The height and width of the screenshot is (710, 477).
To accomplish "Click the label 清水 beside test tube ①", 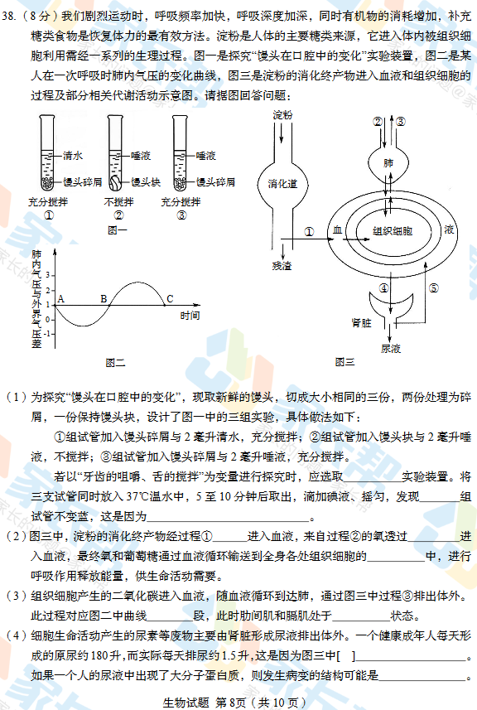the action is click(73, 156).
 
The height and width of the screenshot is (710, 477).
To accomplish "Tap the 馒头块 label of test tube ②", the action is click(146, 182).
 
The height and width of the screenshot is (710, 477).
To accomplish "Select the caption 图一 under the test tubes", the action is click(118, 230).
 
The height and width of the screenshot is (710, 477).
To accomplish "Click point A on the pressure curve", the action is click(61, 299).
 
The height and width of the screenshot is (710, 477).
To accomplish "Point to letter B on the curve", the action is click(104, 299).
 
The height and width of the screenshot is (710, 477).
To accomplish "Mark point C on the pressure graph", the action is click(170, 299).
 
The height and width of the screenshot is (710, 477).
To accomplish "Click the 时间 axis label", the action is click(190, 315).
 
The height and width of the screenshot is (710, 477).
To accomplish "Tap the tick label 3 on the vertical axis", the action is click(47, 275).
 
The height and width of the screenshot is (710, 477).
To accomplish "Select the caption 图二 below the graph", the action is click(115, 363).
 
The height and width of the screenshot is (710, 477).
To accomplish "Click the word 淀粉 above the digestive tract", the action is click(282, 115).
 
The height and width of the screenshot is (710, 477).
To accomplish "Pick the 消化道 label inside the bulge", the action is click(282, 184).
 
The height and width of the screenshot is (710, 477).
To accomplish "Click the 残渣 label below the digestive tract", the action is click(282, 266).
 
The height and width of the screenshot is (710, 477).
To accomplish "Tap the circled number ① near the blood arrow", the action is click(309, 232).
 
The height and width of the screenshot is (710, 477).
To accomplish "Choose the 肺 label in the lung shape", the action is click(388, 163).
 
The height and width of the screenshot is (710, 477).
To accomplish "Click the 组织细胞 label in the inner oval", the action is click(393, 231).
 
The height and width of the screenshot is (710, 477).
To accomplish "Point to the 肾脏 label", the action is click(362, 323).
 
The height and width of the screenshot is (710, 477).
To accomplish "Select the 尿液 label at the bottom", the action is click(391, 348).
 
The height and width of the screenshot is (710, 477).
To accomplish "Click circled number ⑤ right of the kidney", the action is click(434, 288).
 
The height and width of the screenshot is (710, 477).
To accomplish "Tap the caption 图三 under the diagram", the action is click(344, 362).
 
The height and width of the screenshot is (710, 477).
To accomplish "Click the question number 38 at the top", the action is click(8, 17).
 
